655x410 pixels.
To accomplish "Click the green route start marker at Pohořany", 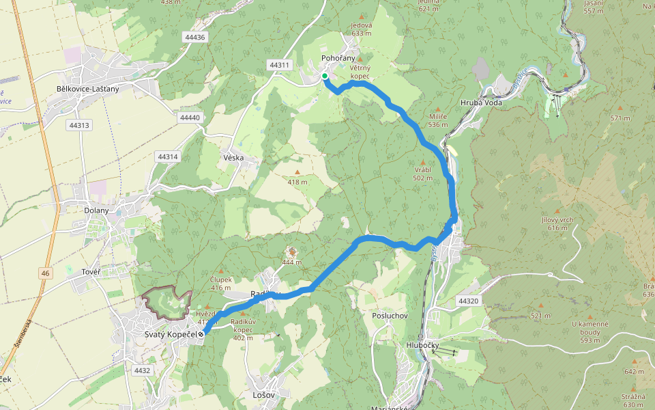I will coord(325,76).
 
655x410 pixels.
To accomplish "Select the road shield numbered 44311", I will coord(280,65).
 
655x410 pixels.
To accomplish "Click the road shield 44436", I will coord(194,37).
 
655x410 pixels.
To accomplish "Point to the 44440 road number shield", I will coord(190,118).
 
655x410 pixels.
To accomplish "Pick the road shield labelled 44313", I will coord(79,125).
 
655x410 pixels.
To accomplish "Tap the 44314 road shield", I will coord(167,156).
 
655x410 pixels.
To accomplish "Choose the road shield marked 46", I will coord(45,273).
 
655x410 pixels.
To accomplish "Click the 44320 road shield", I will coord(469,301).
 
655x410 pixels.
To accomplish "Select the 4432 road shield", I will coord(142,370).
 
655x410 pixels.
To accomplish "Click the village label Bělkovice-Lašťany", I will coord(88,89).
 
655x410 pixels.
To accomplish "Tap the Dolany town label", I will coord(96,210).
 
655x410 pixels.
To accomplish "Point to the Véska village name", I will coord(233,158).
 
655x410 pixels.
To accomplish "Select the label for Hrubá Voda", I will coord(481,102).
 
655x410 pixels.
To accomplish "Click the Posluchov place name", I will coord(390,316).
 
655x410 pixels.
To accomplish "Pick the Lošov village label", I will coord(263,395).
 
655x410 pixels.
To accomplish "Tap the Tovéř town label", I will coord(91,273).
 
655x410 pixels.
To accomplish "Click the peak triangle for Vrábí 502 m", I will coord(423,162).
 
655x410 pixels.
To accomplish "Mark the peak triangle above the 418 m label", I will coord(297,172).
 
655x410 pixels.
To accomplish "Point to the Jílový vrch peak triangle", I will coord(557,211).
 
